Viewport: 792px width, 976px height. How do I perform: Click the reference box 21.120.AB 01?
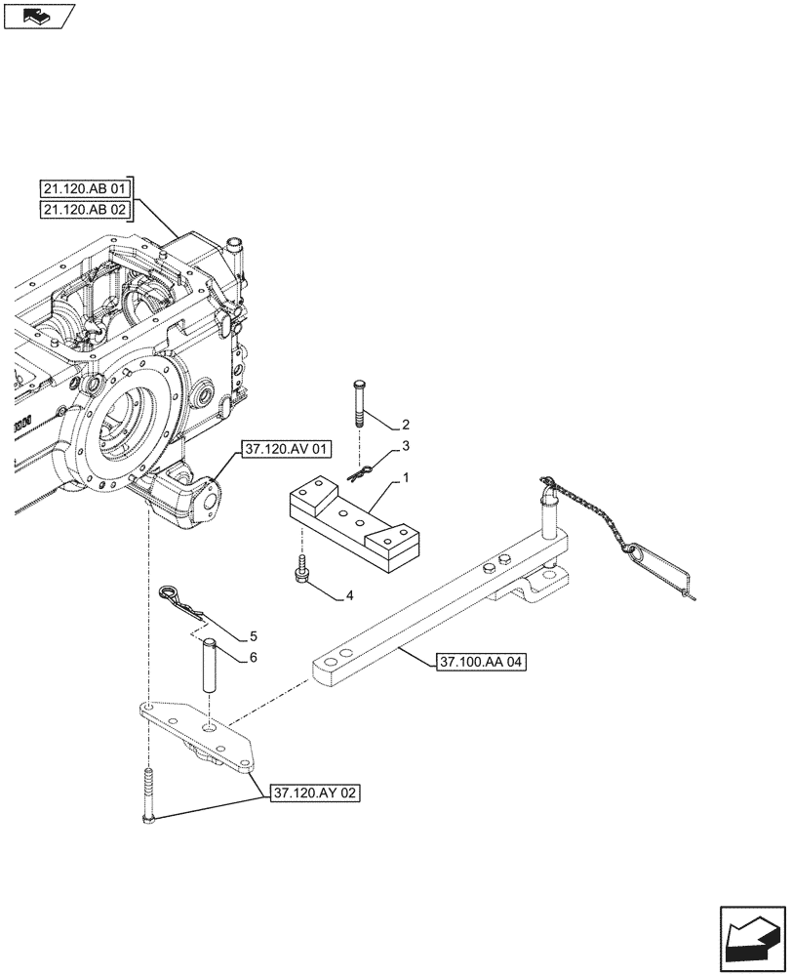(x=87, y=188)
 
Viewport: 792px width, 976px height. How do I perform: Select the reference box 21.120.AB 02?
(x=87, y=210)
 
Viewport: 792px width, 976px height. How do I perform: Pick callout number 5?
(x=254, y=635)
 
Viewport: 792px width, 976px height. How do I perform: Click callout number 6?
(x=253, y=658)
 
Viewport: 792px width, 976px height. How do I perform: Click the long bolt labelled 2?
(x=359, y=401)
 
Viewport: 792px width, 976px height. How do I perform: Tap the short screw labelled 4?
(x=302, y=569)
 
